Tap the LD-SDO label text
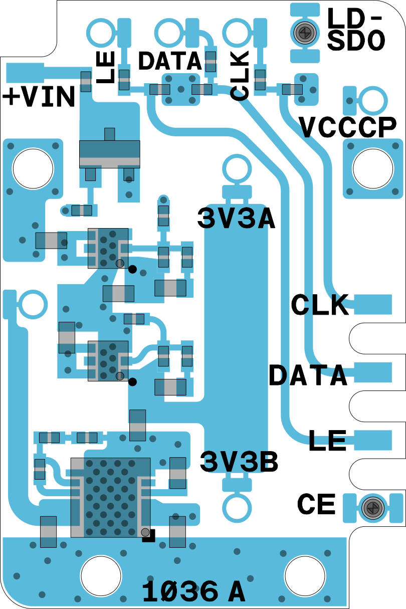click(x=355, y=30)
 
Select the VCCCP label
click(x=348, y=127)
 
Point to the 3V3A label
click(x=236, y=219)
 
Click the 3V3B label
click(x=239, y=462)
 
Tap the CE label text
click(x=316, y=504)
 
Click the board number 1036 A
click(x=193, y=591)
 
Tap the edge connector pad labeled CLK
click(x=373, y=304)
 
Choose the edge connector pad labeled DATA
click(x=373, y=372)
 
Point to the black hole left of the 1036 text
click(x=101, y=574)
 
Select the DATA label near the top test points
click(x=170, y=61)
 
